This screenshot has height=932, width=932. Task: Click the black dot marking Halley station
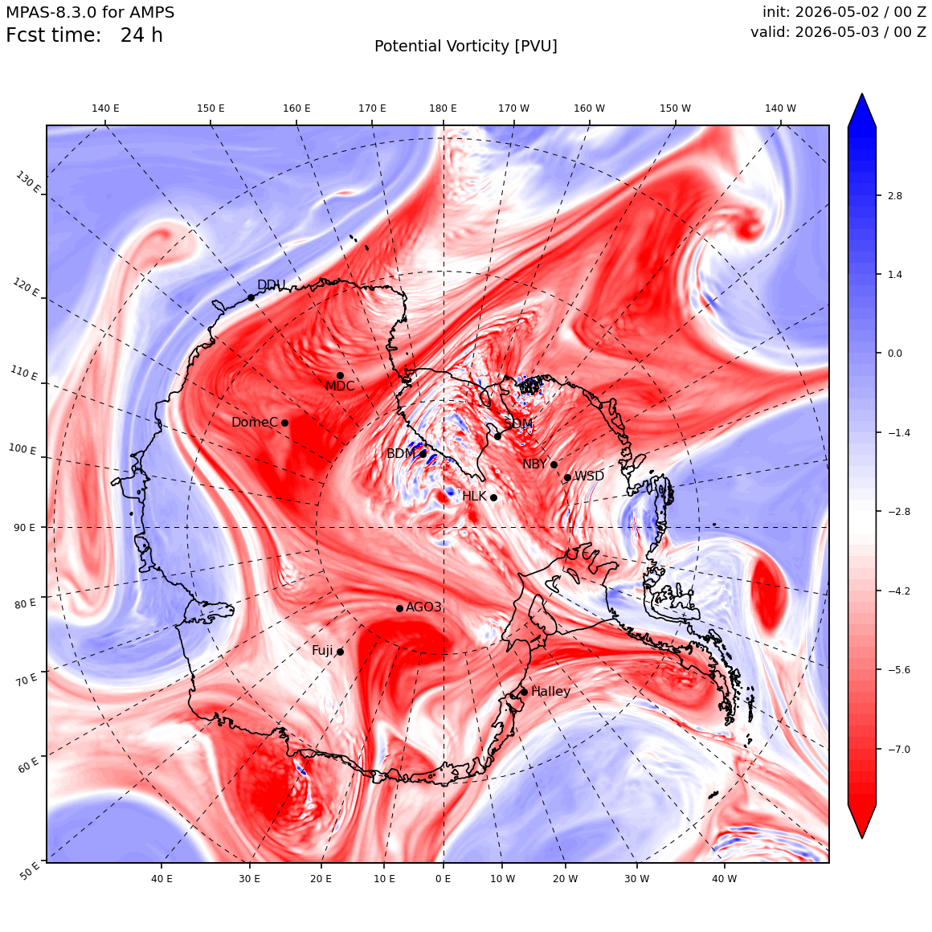click(x=524, y=692)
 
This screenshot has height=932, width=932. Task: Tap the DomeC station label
click(x=255, y=422)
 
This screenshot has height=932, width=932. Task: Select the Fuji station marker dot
click(x=340, y=652)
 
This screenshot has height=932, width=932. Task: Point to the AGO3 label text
click(x=423, y=607)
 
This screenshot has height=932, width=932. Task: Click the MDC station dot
click(x=340, y=376)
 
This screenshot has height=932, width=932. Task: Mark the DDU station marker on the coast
click(x=251, y=298)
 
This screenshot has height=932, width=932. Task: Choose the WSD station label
click(x=589, y=476)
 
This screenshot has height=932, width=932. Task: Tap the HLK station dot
click(x=493, y=497)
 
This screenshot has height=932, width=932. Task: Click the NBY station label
click(x=534, y=464)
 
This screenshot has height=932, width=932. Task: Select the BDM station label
click(x=401, y=453)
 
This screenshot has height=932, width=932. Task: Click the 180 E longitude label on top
click(x=443, y=108)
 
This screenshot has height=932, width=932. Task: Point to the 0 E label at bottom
click(x=443, y=879)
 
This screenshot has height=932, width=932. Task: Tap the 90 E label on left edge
click(x=24, y=527)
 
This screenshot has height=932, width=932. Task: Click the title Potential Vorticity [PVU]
click(x=466, y=47)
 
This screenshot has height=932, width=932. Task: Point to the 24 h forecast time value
click(x=141, y=35)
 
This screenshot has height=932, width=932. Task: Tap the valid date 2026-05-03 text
click(x=838, y=31)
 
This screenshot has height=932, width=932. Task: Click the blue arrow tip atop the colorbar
click(x=862, y=94)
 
